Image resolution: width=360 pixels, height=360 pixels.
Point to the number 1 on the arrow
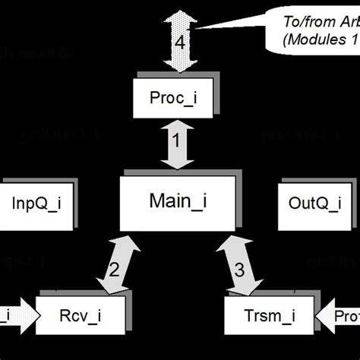175,140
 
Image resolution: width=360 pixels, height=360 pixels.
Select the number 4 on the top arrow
180,43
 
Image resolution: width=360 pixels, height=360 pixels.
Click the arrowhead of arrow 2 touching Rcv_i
103,286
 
